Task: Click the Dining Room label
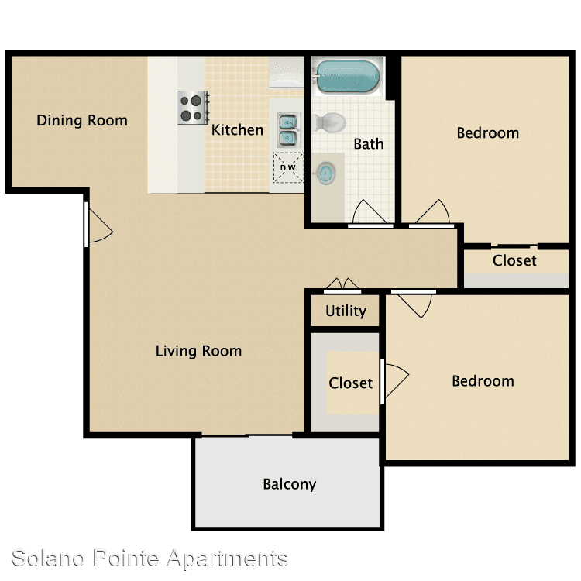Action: click(x=82, y=120)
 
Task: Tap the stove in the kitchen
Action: click(x=193, y=108)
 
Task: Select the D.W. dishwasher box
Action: click(x=288, y=167)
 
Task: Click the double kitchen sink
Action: click(x=288, y=130)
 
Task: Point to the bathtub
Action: click(x=346, y=76)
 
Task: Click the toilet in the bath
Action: click(x=329, y=122)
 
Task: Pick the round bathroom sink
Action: click(x=325, y=173)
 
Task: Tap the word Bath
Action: click(x=368, y=144)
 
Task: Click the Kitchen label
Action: click(x=237, y=130)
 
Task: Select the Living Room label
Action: click(x=198, y=351)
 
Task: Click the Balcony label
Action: click(x=290, y=484)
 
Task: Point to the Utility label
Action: click(x=346, y=311)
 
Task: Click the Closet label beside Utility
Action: click(x=350, y=383)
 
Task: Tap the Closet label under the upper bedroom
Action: click(x=514, y=260)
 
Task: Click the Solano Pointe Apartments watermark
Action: click(x=150, y=559)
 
